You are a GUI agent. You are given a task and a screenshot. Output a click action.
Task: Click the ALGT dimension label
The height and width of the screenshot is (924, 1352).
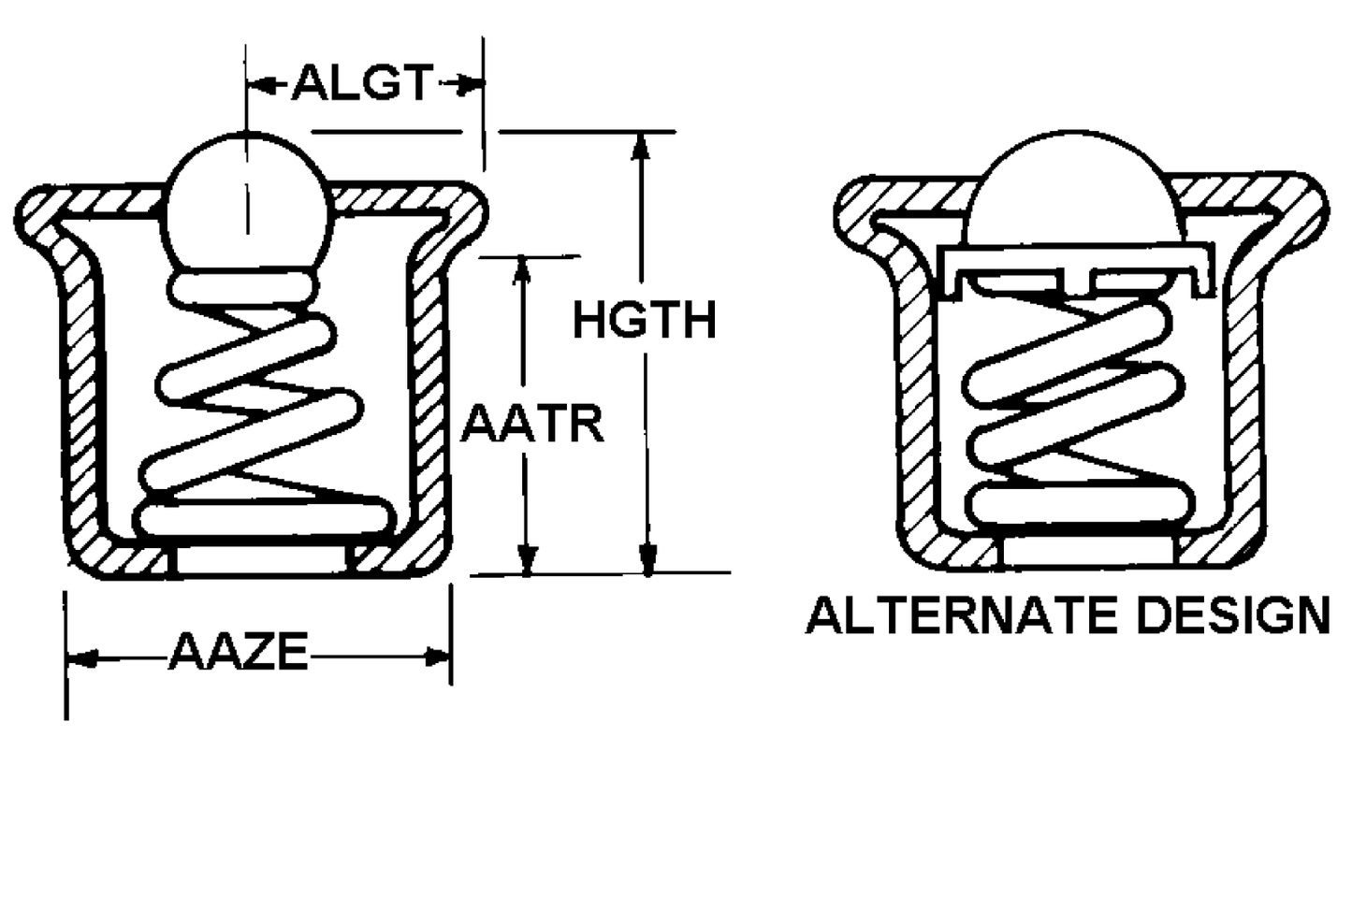(362, 82)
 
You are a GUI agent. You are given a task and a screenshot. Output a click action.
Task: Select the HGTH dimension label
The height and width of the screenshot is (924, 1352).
(644, 320)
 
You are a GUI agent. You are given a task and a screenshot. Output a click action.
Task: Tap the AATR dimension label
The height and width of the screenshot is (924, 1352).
(532, 425)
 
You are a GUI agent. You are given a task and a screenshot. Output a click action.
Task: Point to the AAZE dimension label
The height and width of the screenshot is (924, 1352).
(239, 652)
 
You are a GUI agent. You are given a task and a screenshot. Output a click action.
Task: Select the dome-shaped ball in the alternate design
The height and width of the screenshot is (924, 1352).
(1074, 188)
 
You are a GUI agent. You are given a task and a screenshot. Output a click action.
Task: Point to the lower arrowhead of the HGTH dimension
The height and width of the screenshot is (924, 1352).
(648, 558)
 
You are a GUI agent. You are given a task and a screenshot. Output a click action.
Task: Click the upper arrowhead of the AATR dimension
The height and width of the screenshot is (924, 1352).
(521, 270)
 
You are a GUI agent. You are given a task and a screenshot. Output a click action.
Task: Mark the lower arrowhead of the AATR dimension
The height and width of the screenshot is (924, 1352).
(528, 559)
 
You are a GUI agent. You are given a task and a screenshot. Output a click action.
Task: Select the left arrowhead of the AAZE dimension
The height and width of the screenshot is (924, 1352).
(82, 658)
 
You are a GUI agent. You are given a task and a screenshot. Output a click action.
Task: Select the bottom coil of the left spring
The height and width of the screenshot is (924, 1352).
(265, 520)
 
